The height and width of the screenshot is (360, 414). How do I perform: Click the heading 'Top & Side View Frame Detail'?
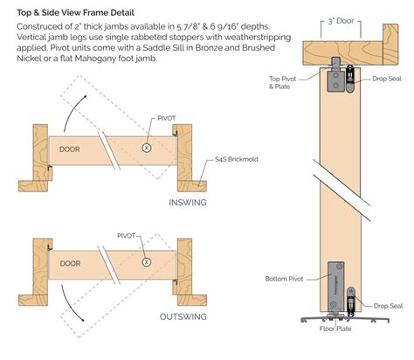click(x=76, y=11)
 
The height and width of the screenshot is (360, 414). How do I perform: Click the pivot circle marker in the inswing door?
click(x=147, y=148)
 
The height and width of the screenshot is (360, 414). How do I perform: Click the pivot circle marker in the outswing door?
click(x=147, y=261)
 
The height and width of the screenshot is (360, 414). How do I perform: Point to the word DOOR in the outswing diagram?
click(x=69, y=262)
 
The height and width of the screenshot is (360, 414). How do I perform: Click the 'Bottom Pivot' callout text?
click(x=289, y=279)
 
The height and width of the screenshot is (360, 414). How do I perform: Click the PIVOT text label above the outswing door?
click(x=132, y=234)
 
